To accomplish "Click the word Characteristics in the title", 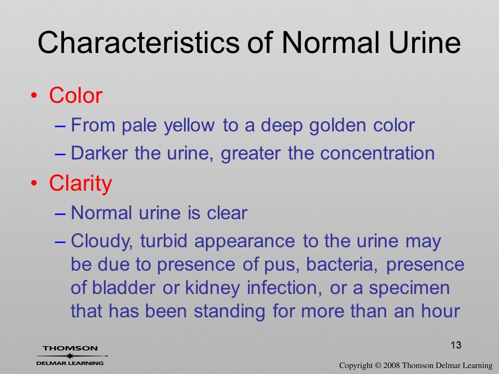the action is tap(138, 42).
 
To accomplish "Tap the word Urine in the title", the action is tap(425, 42).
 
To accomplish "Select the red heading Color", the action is tap(76, 95).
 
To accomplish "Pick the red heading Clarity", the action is tap(81, 184).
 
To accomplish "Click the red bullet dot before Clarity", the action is tap(34, 183).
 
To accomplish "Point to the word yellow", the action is tap(189, 125).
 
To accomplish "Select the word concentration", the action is tap(377, 153).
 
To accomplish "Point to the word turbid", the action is tap(164, 241).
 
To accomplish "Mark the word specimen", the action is tap(409, 289).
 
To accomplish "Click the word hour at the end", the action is tap(441, 311).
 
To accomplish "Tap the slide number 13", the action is tap(456, 345).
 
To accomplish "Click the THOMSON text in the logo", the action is tap(70, 348).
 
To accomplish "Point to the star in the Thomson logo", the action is tap(70, 356).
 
